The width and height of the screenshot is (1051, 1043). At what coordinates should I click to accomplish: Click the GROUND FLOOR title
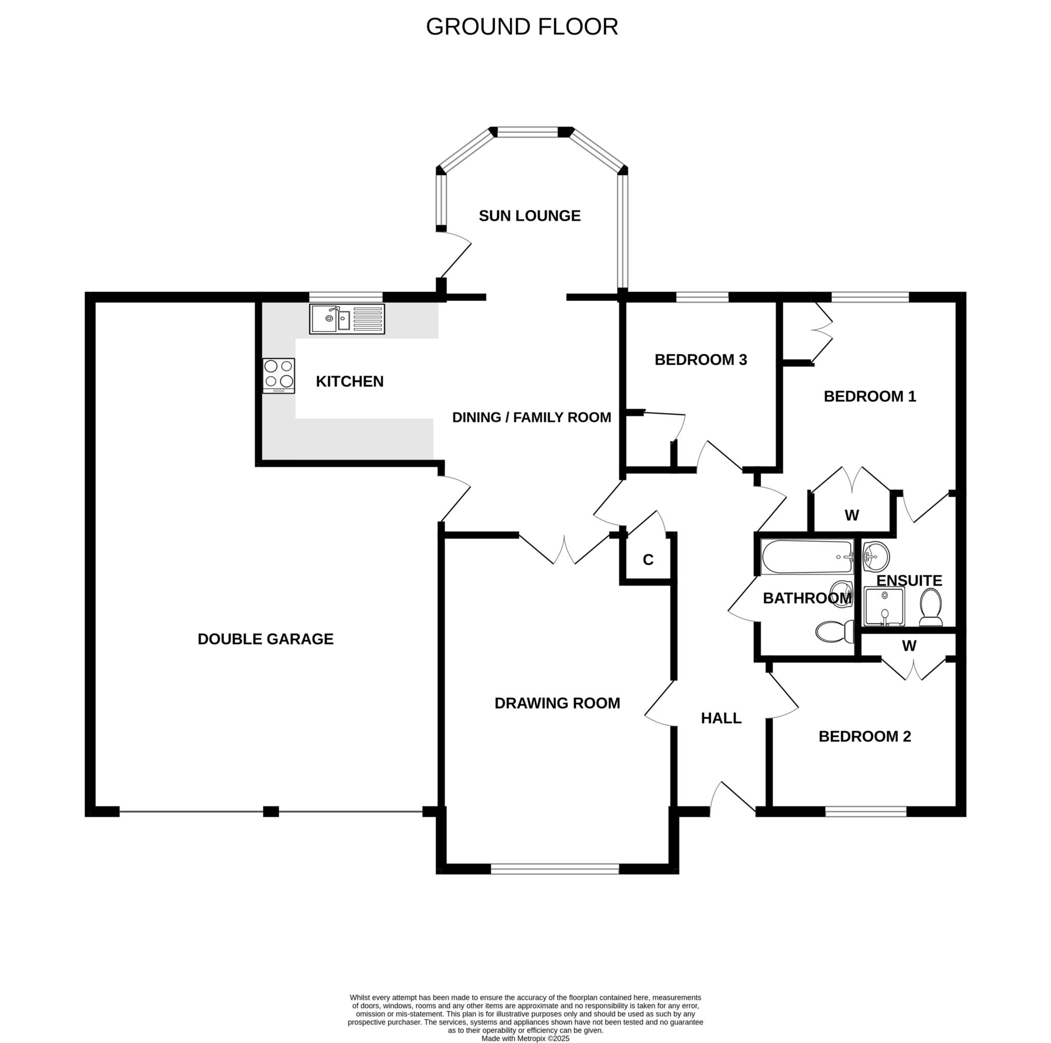click(x=522, y=26)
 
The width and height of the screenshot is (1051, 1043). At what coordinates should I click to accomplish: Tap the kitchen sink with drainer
click(x=347, y=319)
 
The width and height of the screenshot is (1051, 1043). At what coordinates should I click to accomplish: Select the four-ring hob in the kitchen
click(x=279, y=375)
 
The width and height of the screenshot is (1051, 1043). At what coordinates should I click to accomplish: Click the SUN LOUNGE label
click(x=529, y=216)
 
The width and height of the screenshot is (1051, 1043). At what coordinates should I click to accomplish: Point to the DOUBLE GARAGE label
click(x=265, y=639)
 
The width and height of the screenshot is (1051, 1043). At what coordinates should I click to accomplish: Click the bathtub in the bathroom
click(x=807, y=557)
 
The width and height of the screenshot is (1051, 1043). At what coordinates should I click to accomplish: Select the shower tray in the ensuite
click(x=884, y=606)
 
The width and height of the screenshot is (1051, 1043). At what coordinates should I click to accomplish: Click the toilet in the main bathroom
click(x=835, y=631)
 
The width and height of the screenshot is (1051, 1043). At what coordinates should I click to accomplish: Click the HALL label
click(x=721, y=718)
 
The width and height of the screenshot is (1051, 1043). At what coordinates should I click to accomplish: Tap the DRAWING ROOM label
click(x=557, y=703)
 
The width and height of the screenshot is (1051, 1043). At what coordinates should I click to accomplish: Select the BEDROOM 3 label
click(x=700, y=360)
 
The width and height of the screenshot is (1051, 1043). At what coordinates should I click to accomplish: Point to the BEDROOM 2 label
click(x=864, y=736)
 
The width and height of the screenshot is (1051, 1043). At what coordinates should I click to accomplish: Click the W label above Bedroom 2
click(x=909, y=645)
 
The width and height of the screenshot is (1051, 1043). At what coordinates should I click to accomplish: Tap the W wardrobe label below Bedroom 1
click(x=851, y=515)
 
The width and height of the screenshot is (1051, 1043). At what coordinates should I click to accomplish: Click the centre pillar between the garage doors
click(x=271, y=811)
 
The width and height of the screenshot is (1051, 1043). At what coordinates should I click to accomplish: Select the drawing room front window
click(x=555, y=869)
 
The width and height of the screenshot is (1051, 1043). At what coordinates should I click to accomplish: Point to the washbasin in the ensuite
click(x=876, y=556)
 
